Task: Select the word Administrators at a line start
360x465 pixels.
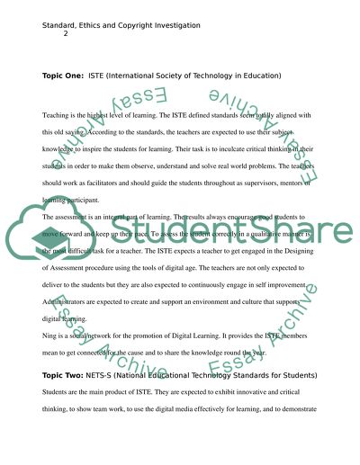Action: coord(68,306)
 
